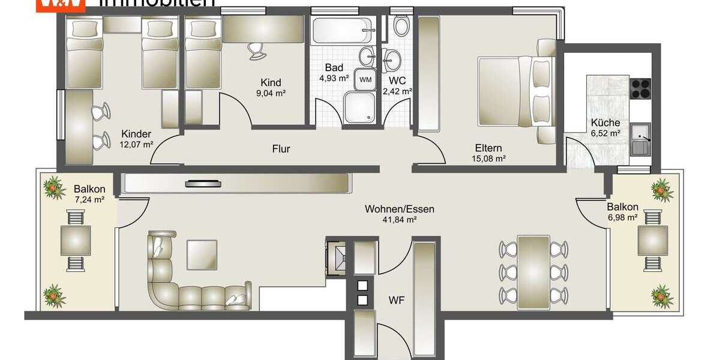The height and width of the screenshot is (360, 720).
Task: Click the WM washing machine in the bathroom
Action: (x=365, y=78)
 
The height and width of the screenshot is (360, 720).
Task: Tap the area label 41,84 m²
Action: (x=399, y=220)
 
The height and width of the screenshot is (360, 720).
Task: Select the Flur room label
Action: (x=281, y=148)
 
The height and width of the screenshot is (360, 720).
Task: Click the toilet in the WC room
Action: (x=400, y=25)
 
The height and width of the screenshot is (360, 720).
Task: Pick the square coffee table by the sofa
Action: (x=202, y=254)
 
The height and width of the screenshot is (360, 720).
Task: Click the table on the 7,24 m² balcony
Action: (x=76, y=240)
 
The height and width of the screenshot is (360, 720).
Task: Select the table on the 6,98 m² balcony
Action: (x=652, y=240)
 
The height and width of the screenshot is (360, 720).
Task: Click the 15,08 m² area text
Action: (x=489, y=159)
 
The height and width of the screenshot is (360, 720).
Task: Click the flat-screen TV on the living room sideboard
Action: (x=202, y=184)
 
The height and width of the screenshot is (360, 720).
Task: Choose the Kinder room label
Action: (x=136, y=134)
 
